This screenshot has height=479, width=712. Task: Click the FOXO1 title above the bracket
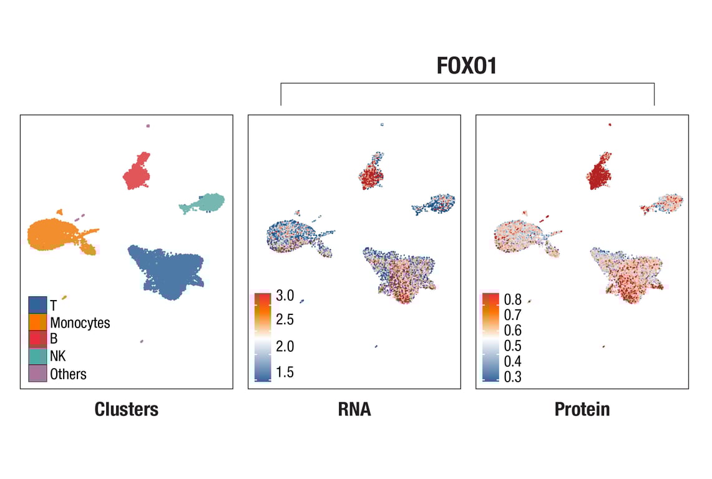[467, 65]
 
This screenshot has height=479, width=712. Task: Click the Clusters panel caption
[127, 409]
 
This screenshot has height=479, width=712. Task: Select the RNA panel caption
[354, 409]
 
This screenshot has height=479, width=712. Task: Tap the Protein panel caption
[582, 409]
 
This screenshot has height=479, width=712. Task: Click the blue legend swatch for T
[37, 305]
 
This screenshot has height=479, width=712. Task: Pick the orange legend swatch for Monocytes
[37, 322]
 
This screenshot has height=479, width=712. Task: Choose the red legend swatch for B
[37, 339]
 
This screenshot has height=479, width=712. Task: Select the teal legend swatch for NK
[37, 356]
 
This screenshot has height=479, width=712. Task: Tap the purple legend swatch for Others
[37, 373]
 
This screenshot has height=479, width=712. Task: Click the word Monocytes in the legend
[80, 323]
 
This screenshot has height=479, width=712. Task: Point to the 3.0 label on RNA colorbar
[285, 296]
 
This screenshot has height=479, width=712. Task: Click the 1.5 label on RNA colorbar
[285, 373]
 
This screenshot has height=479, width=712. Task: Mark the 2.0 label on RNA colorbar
[285, 347]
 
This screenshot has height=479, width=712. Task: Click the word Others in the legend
[69, 374]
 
